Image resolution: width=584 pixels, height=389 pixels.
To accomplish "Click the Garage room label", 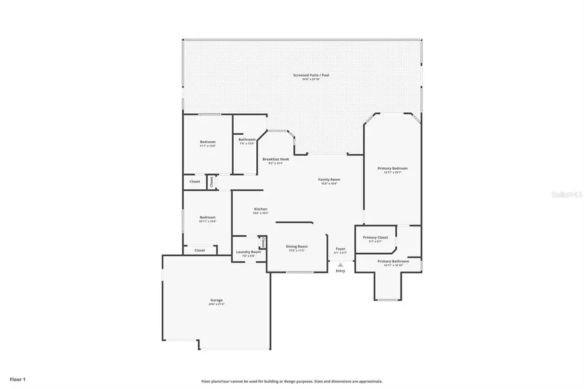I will (x=216, y=300).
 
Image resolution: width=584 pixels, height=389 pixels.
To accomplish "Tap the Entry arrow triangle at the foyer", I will (x=340, y=264).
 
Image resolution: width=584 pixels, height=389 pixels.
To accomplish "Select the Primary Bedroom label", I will (x=393, y=169).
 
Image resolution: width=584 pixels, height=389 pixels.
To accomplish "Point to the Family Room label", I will (x=329, y=180).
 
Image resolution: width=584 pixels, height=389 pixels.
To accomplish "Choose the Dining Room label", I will (x=297, y=246).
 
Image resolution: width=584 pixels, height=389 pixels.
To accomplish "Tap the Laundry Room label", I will (x=248, y=252).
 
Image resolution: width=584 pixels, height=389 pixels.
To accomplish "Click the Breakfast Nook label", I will (x=276, y=159).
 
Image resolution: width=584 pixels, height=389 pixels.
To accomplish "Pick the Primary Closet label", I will (x=375, y=237).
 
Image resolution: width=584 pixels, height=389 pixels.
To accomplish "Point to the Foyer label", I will (x=340, y=248).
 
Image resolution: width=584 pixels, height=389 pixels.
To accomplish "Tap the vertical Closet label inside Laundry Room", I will (x=263, y=242).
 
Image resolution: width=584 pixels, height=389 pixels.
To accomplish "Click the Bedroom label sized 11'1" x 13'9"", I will (x=208, y=142).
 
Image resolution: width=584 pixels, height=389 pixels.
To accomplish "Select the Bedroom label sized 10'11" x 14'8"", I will (x=208, y=217).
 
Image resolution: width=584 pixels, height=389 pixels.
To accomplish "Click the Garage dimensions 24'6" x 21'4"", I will (x=216, y=304).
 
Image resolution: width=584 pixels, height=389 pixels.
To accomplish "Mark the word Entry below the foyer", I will (x=340, y=270).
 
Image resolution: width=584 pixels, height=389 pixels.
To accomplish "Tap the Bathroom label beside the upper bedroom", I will (x=247, y=139).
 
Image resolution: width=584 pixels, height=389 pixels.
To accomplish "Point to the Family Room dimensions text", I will (x=329, y=183).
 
